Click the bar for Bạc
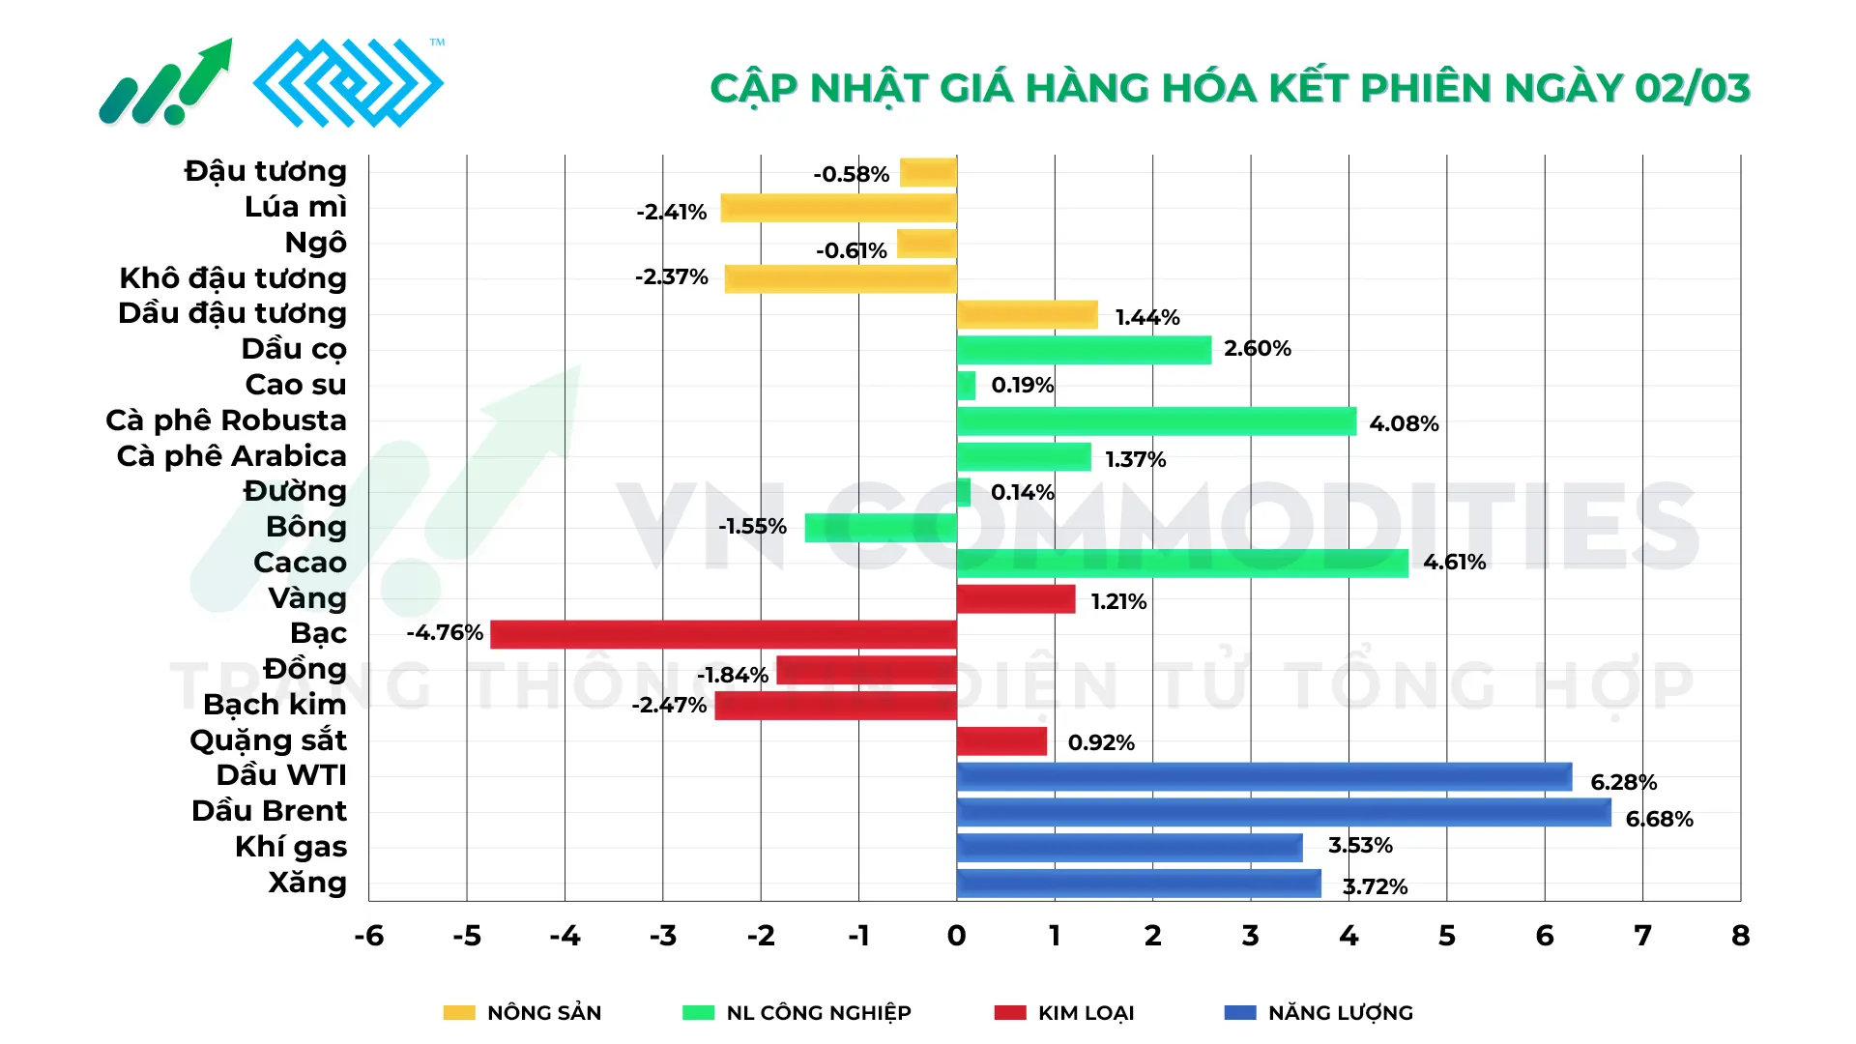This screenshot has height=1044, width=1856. (x=723, y=634)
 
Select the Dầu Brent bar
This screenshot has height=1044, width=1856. (x=1284, y=812)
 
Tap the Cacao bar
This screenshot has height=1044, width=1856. (x=1182, y=563)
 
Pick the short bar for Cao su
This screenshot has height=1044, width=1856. (x=966, y=386)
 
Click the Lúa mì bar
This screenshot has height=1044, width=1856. (x=838, y=208)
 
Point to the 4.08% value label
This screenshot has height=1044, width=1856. (x=1404, y=423)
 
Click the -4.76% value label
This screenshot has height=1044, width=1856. (x=445, y=632)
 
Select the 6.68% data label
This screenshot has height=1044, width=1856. (x=1659, y=820)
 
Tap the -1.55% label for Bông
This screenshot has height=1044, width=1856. (x=752, y=527)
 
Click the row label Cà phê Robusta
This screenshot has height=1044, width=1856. (x=226, y=420)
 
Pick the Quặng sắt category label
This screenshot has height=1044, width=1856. (x=268, y=740)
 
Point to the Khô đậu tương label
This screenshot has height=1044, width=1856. (x=233, y=278)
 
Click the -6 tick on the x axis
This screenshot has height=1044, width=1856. (x=368, y=936)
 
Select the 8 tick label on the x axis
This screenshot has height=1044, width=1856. (x=1740, y=936)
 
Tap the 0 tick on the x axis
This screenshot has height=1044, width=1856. (x=956, y=936)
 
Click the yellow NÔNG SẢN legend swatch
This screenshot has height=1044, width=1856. (x=459, y=1013)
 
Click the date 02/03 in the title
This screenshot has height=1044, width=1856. (x=1692, y=88)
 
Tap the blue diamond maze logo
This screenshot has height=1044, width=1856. (x=348, y=83)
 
